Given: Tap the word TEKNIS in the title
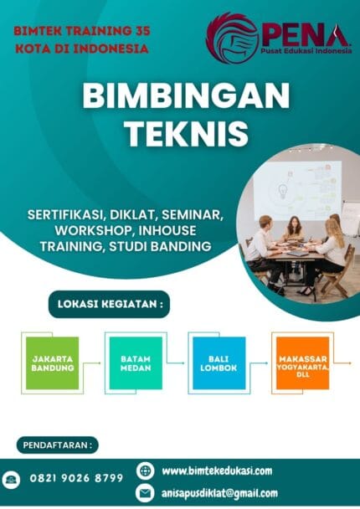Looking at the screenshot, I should (x=179, y=132).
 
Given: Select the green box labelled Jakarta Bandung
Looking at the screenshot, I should (x=52, y=363).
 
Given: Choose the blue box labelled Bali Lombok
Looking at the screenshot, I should (x=219, y=363).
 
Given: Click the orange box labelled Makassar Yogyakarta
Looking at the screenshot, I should (x=301, y=363).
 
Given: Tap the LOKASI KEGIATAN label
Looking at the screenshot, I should (x=109, y=303).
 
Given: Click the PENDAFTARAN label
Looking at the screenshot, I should (x=56, y=445).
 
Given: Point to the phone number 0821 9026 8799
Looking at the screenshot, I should (x=76, y=478).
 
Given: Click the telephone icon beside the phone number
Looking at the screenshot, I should (x=13, y=479).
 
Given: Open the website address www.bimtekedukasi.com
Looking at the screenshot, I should (x=216, y=470).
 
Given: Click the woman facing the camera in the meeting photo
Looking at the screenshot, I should (x=295, y=228).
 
